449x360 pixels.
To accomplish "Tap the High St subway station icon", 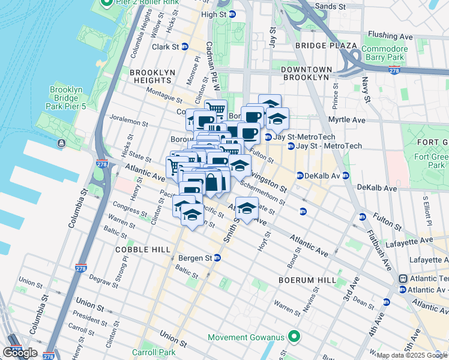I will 232,14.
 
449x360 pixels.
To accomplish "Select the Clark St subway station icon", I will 185,46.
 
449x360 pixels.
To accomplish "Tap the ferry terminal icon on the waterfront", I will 61,143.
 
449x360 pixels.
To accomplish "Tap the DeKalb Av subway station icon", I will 300,175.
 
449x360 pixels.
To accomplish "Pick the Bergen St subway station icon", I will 217,257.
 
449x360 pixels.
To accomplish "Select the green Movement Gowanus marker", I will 293,337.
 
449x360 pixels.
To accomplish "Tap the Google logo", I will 19,352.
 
